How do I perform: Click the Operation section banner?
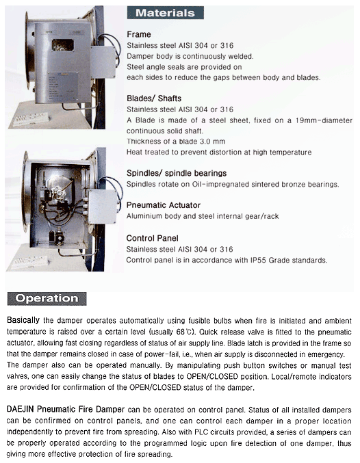pyautogui.click(x=46, y=298)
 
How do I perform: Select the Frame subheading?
pyautogui.click(x=139, y=34)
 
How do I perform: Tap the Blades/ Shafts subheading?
pyautogui.click(x=157, y=98)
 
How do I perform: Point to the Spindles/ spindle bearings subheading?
pyautogui.click(x=177, y=173)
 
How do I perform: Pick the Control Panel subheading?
pyautogui.click(x=153, y=238)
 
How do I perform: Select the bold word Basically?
pyautogui.click(x=26, y=320)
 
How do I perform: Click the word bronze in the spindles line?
pyautogui.click(x=290, y=185)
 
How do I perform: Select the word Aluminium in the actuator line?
pyautogui.click(x=149, y=216)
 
